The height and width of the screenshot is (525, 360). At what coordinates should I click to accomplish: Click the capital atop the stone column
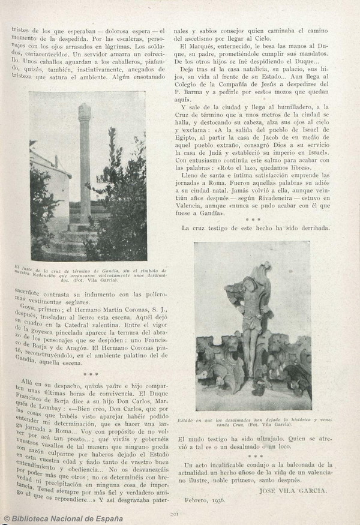tap(85, 112)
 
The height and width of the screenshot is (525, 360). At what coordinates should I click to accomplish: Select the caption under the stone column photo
tap(89, 275)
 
